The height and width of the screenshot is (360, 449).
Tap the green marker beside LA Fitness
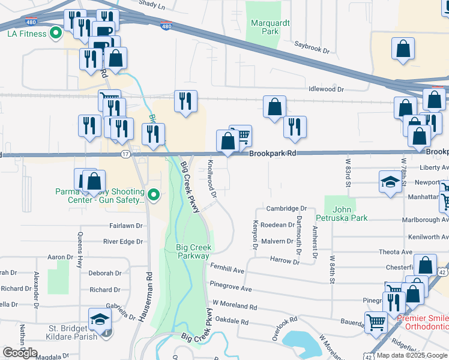click(x=56, y=34)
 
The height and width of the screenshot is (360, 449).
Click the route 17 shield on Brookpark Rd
click(x=125, y=155)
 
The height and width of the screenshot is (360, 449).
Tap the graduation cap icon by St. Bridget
click(x=100, y=320)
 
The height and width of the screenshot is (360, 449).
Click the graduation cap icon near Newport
click(x=390, y=182)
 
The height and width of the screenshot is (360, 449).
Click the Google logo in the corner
click(x=20, y=353)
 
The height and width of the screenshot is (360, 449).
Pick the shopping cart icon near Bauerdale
click(x=376, y=322)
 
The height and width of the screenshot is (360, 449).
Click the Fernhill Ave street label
click(x=227, y=265)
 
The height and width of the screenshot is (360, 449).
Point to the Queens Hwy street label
click(x=79, y=246)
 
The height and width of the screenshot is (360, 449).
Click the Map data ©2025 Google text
click(x=411, y=355)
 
